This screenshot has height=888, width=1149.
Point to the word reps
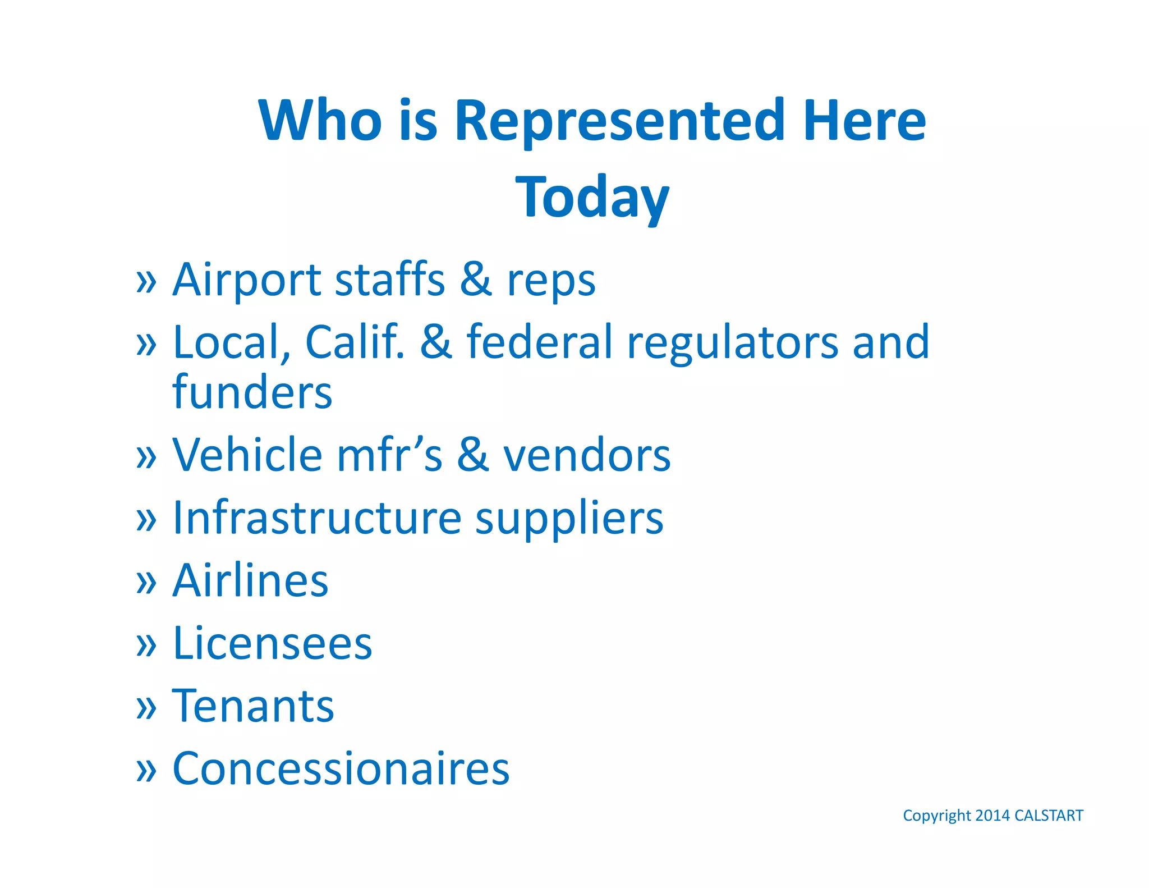tap(551, 281)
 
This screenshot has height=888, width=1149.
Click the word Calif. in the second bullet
tap(355, 342)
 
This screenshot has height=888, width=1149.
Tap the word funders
tap(252, 392)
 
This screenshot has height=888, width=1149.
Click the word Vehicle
tap(247, 455)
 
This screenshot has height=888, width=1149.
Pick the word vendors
tap(587, 455)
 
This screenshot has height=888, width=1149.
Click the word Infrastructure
tap(317, 518)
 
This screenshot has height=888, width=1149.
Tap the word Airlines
tap(250, 580)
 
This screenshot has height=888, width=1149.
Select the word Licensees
tap(272, 643)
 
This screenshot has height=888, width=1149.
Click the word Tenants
tap(253, 706)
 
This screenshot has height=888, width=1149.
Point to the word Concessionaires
tap(341, 768)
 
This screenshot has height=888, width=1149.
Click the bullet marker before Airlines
tap(146, 583)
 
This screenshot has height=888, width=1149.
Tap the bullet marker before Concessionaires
tap(146, 771)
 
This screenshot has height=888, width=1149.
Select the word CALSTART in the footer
tap(1049, 816)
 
